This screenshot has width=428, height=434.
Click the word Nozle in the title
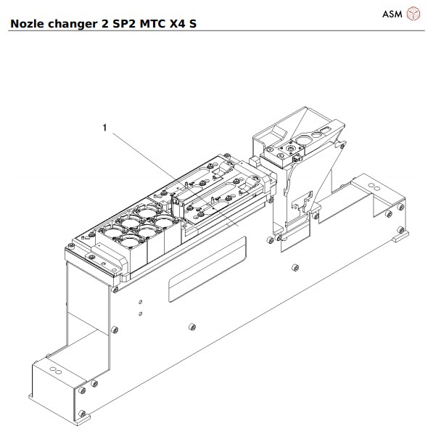coord(25,23)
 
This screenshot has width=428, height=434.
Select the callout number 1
coord(104,128)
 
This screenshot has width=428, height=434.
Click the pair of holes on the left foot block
coord(53,371)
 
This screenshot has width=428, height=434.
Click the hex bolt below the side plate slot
coord(190,324)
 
